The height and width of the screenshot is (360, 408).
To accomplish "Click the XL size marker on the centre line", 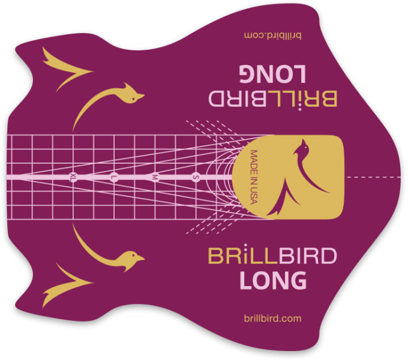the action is click(73, 177).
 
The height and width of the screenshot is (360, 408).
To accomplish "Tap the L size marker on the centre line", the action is click(113, 177).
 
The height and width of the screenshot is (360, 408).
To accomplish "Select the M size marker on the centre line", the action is click(155, 177).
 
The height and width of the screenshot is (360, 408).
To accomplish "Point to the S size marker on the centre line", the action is click(196, 177).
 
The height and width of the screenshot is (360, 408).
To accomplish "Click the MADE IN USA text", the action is click(254, 177).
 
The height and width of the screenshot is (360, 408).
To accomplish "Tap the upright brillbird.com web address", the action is click(272, 319).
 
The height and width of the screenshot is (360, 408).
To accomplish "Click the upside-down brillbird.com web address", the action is click(272, 35).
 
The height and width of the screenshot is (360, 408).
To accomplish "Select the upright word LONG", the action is click(273, 280).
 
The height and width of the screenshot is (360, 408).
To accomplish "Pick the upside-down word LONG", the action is click(273, 74).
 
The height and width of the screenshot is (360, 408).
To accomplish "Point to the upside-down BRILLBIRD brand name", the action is click(272, 99).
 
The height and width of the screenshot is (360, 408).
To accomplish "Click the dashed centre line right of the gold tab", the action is click(374, 177).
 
